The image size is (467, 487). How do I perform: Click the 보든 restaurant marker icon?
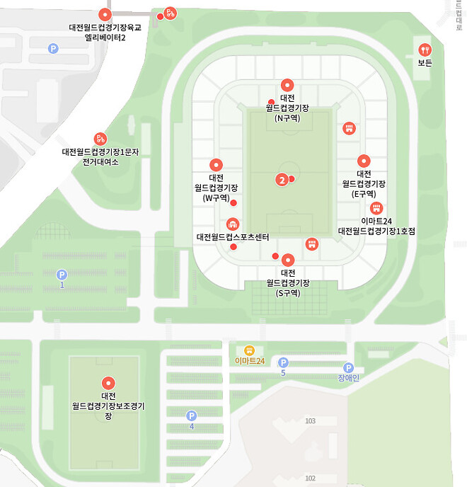[425, 50]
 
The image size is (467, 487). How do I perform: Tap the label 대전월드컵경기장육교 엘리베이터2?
[105, 33]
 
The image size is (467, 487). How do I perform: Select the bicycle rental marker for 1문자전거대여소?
[100, 139]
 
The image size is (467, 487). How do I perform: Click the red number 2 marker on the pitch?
[282, 180]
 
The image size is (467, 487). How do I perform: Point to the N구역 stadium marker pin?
[287, 85]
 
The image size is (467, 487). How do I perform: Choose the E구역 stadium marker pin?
[364, 161]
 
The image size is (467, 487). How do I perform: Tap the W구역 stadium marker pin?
[216, 164]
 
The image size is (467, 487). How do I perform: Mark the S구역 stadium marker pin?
[287, 260]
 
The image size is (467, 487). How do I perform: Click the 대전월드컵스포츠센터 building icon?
[231, 224]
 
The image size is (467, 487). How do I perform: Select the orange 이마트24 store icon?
[249, 350]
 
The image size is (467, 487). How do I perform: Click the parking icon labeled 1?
[62, 275]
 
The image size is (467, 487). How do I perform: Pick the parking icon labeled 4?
[191, 416]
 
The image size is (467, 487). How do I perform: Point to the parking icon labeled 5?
[283, 362]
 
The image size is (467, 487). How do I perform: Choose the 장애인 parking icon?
[348, 367]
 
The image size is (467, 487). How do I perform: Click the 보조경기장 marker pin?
[108, 383]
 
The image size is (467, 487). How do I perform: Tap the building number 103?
[310, 421]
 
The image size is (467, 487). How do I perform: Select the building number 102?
[310, 479]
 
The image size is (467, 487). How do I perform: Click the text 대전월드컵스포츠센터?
[233, 236]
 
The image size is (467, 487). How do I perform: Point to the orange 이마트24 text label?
[250, 361]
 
